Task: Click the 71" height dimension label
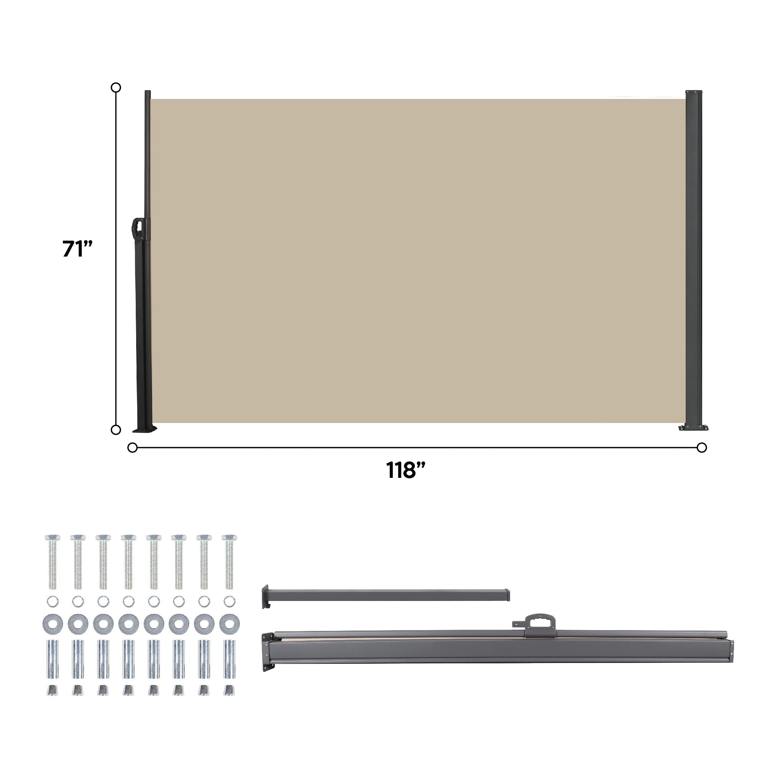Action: point(77,249)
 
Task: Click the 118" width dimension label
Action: point(405,470)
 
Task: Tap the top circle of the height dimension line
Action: point(115,87)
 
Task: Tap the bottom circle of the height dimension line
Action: point(115,430)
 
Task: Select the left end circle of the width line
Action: point(132,448)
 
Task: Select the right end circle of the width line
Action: point(701,448)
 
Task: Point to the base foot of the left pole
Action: point(145,429)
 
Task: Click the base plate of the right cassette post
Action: point(693,428)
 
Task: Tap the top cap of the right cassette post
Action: point(693,92)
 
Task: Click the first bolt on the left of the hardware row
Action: point(53,562)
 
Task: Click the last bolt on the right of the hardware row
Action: point(229,562)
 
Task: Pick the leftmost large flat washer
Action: point(53,624)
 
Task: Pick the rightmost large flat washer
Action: point(229,624)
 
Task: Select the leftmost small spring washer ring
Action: point(53,601)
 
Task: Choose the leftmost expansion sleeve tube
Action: point(53,659)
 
